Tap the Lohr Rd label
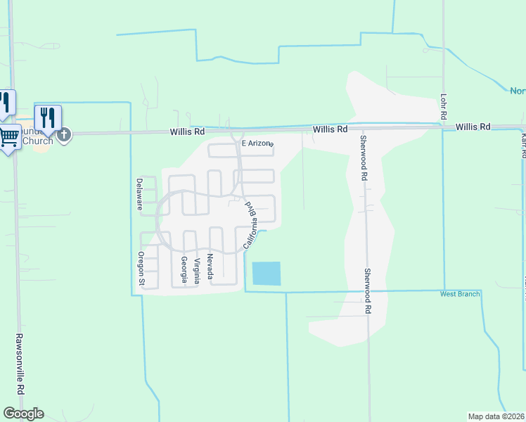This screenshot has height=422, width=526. (444, 105)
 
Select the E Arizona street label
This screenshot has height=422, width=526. (256, 143)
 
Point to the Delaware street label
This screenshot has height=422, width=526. (140, 193)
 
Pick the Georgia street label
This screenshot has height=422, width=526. (184, 269)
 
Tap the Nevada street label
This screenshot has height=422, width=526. (210, 267)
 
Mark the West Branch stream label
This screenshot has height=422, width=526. (460, 294)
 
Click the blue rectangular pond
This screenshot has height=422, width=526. (266, 273)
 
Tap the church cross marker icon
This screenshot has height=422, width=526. (64, 134)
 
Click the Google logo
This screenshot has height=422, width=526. (23, 414)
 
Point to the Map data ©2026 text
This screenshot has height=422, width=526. (496, 416)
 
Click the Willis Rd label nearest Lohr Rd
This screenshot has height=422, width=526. (473, 127)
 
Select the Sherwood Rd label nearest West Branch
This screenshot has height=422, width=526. (367, 290)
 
